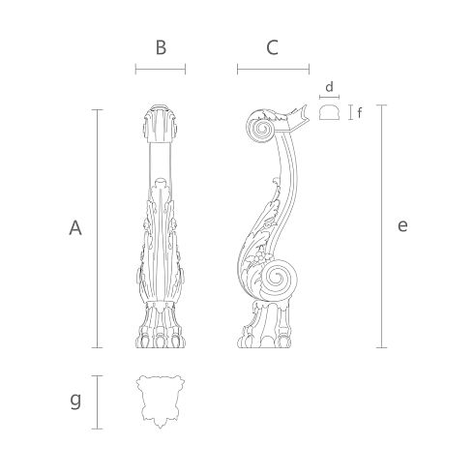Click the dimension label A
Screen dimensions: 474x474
[x=75, y=228]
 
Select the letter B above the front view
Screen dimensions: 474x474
[x=161, y=47]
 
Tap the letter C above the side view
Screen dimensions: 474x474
[x=272, y=47]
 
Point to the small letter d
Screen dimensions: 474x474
[x=329, y=87]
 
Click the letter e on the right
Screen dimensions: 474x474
[x=402, y=225]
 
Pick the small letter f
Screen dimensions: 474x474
[x=360, y=113]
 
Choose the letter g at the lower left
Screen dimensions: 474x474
[x=75, y=400]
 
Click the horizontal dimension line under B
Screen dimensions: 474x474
[x=161, y=69]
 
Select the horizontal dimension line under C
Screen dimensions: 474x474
[x=273, y=69]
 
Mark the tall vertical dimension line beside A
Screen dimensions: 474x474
[x=98, y=228]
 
